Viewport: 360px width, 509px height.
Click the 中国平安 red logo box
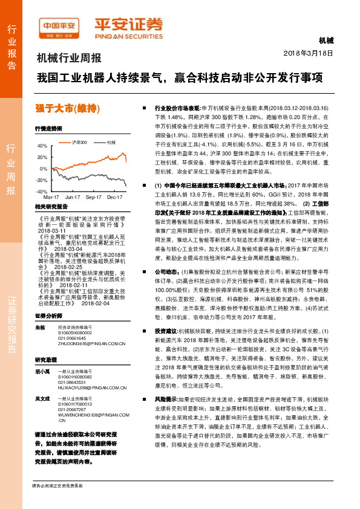[59, 27]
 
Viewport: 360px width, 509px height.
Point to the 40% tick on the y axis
[41, 146]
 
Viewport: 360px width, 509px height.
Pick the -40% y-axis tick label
[41, 192]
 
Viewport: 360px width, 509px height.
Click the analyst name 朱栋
[40, 310]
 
